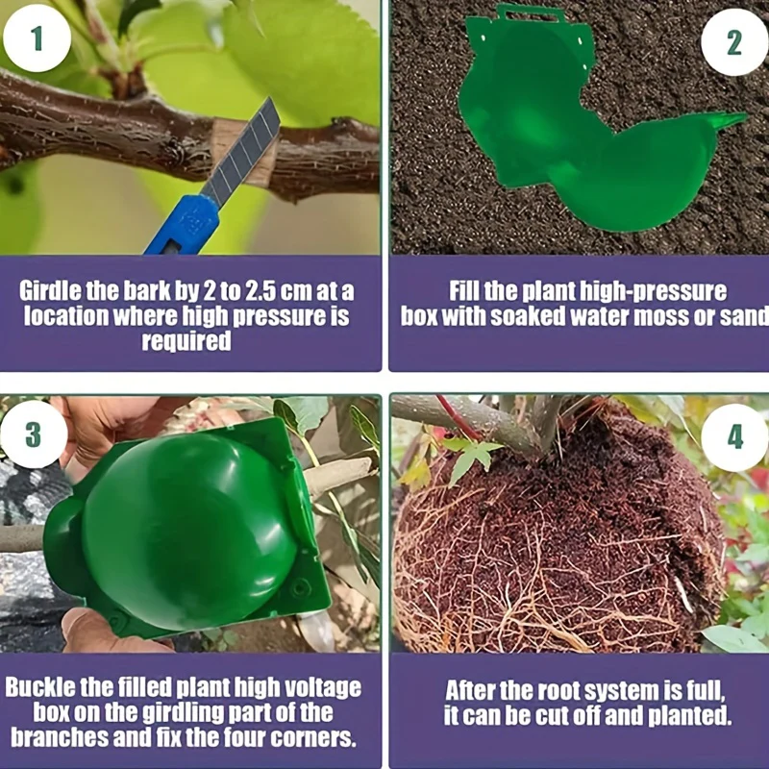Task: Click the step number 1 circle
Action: pyautogui.click(x=37, y=38)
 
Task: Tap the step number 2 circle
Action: pyautogui.click(x=734, y=42)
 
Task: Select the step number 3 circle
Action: pyautogui.click(x=34, y=434)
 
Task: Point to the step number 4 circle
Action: pyautogui.click(x=734, y=437)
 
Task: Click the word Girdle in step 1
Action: pyautogui.click(x=51, y=291)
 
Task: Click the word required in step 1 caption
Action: pyautogui.click(x=186, y=341)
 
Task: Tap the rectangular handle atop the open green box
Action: pyautogui.click(x=532, y=13)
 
